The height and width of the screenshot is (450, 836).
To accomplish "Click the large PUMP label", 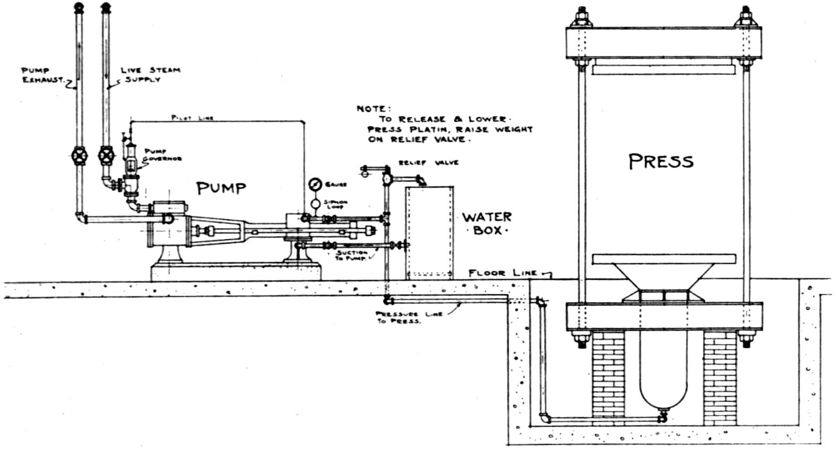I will [221, 188].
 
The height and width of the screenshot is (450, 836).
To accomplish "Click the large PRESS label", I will [661, 161].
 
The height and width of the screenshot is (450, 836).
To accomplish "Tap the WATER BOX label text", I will [486, 223].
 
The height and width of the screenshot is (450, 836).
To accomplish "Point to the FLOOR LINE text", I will [503, 273].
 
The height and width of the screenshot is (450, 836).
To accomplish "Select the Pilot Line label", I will [192, 118].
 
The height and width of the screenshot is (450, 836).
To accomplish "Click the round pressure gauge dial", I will [315, 185].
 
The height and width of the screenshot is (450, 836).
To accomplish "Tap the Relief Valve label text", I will [428, 162].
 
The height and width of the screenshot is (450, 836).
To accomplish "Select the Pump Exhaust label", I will [37, 74].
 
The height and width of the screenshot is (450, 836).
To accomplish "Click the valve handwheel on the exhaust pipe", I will [80, 156].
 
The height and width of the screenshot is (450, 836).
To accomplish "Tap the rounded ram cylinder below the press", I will [662, 372].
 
